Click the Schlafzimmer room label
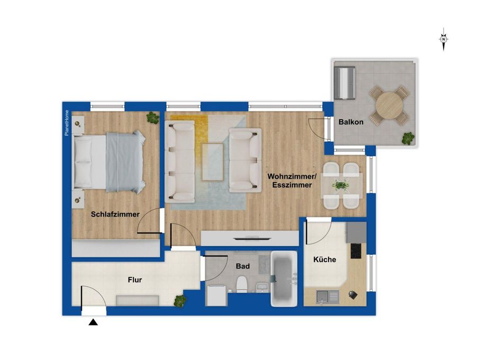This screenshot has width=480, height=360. tap(115, 214)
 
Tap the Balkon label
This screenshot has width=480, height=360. tap(351, 122)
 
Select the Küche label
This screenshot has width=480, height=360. tap(324, 259)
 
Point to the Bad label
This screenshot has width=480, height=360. tap(243, 266)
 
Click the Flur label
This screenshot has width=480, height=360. tap(135, 280)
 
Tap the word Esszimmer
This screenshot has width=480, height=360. tap(292, 185)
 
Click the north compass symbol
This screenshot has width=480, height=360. tap(443, 39)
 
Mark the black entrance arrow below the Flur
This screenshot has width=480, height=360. tap(93, 322)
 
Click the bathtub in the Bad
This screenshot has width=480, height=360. tap(284, 278)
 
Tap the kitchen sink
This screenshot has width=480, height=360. tap(328, 297)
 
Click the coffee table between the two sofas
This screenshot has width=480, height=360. tap(212, 162)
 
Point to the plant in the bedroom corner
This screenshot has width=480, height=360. tap(152, 118)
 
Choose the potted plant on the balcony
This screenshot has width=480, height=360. tap(407, 138)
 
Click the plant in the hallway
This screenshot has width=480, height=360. tap(180, 301)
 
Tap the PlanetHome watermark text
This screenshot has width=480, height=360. tap(67, 123)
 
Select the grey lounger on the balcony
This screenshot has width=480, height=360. tap(345, 83)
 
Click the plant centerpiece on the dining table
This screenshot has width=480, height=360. tap(340, 185)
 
